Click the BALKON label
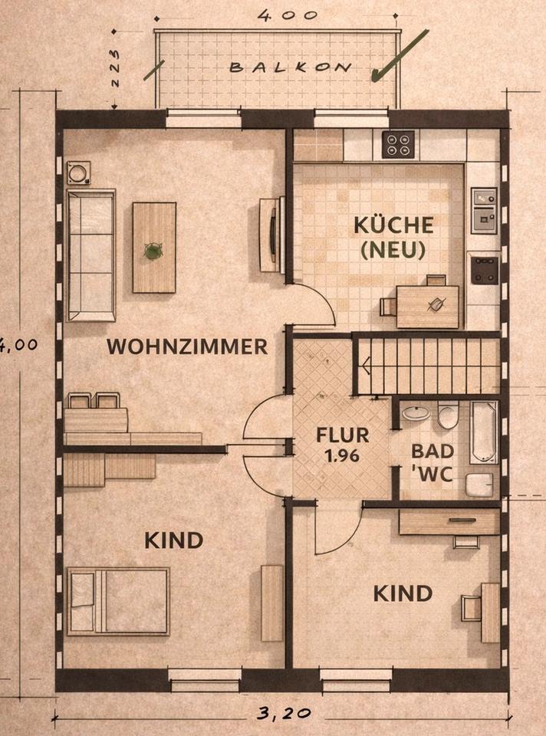(291, 67)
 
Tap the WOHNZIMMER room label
(187, 347)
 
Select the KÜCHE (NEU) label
(393, 237)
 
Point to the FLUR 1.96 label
(343, 445)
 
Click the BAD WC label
(432, 461)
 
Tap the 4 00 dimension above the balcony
(278, 15)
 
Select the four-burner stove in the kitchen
(398, 143)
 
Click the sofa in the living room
(90, 255)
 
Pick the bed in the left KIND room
(118, 601)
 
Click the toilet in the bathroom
(449, 417)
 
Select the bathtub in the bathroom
(484, 432)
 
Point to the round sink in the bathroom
(416, 414)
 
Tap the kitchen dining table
(428, 305)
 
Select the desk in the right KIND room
(491, 612)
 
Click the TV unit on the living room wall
(271, 235)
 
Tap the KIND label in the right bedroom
(403, 593)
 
